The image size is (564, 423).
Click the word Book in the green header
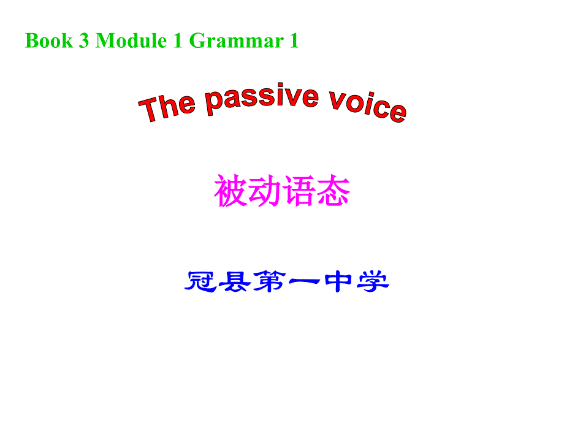point(48,41)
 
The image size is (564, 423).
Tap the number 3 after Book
point(84,41)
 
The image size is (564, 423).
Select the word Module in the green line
point(131,41)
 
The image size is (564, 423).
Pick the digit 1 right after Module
point(178,41)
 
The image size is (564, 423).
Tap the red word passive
point(262,99)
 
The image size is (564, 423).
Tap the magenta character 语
point(299,191)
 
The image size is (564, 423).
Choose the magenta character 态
point(333,191)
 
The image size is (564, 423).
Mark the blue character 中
point(337,282)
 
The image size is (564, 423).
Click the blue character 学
point(372,282)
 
